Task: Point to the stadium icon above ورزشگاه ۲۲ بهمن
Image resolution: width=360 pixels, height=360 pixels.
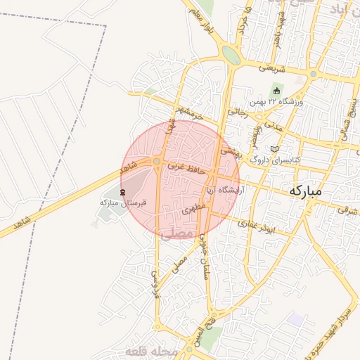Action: pyautogui.click(x=276, y=91)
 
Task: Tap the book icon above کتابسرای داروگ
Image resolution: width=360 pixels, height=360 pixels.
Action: pyautogui.click(x=274, y=149)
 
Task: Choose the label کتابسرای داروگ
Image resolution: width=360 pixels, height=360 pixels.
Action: pyautogui.click(x=276, y=160)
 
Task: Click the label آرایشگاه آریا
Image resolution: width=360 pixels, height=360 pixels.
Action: pyautogui.click(x=224, y=191)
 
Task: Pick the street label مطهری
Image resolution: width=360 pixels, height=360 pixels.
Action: pyautogui.click(x=193, y=209)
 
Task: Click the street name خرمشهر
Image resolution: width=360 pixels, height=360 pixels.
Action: pyautogui.click(x=190, y=112)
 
